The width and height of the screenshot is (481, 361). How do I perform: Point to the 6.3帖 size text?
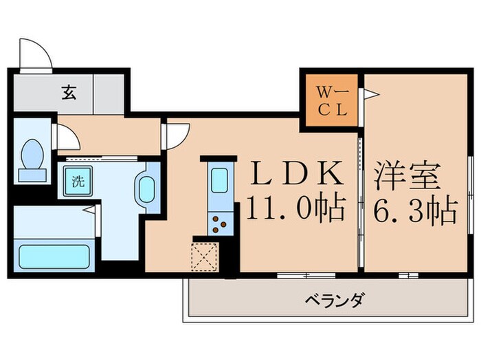tap(416, 210)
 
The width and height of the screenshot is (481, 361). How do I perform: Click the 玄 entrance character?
tap(69, 92)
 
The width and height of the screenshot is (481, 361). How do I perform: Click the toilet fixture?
tap(32, 158)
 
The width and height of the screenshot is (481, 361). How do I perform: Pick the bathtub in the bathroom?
tap(55, 256)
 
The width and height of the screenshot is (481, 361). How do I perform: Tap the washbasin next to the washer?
tap(147, 187)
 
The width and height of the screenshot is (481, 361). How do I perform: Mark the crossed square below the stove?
tap(205, 257)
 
